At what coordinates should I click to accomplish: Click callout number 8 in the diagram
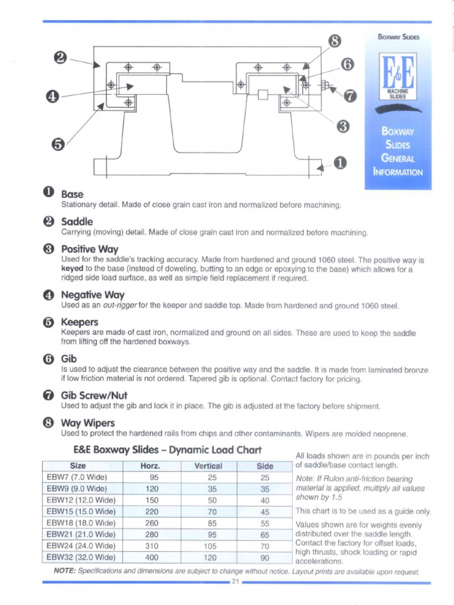coord(334,41)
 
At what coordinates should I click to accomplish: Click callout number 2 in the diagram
coord(60,57)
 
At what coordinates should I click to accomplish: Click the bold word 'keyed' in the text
coord(73,269)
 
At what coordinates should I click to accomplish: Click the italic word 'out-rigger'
coord(121,306)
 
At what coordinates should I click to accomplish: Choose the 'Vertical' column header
coord(208,466)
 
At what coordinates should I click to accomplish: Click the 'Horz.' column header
coord(151,466)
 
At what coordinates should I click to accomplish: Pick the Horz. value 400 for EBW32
coord(152,557)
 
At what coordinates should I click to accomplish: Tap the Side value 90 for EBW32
coord(265,557)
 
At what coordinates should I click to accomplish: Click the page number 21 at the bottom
coord(235,582)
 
